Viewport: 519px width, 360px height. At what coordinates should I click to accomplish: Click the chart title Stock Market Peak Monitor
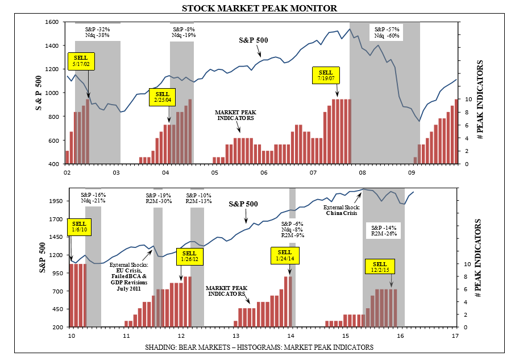pyautogui.click(x=259, y=8)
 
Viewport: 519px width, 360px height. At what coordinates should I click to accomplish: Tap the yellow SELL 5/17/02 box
pyautogui.click(x=82, y=61)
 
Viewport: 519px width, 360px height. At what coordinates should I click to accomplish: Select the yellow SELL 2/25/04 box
pyautogui.click(x=163, y=97)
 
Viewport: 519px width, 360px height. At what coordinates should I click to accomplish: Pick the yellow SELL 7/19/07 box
pyautogui.click(x=326, y=76)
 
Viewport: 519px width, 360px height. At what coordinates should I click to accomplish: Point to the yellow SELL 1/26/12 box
pyautogui.click(x=190, y=256)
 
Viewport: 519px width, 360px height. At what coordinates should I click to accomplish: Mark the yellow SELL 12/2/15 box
pyautogui.click(x=380, y=268)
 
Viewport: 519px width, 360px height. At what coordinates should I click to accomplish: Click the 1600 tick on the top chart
pyautogui.click(x=52, y=22)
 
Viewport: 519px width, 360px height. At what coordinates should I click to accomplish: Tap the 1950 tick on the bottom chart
pyautogui.click(x=53, y=201)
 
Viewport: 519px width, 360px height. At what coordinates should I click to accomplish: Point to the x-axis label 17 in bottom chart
pyautogui.click(x=455, y=336)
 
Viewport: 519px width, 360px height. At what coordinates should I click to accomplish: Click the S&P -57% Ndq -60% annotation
pyautogui.click(x=387, y=32)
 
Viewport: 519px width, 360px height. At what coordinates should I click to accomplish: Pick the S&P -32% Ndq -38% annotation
pyautogui.click(x=97, y=32)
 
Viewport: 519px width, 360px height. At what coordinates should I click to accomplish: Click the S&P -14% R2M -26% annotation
pyautogui.click(x=385, y=230)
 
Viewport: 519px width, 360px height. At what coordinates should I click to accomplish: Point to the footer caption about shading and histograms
pyautogui.click(x=259, y=346)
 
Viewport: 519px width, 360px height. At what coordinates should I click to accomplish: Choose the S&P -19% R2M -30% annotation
pyautogui.click(x=159, y=198)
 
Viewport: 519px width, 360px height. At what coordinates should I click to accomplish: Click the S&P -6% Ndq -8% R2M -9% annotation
pyautogui.click(x=293, y=229)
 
